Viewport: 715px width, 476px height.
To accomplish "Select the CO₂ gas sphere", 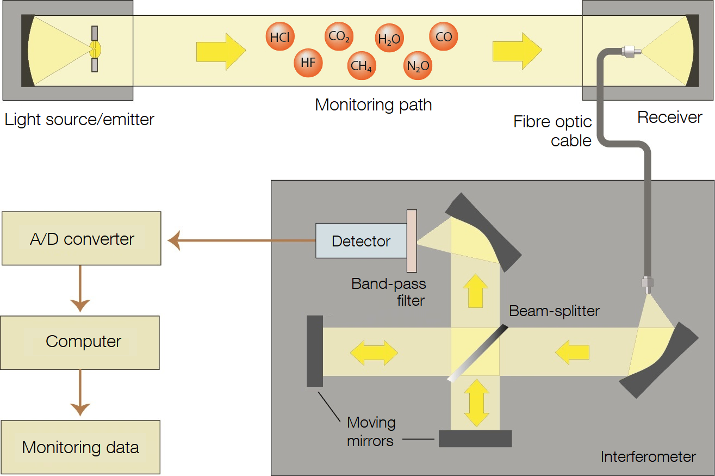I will tap(340, 37).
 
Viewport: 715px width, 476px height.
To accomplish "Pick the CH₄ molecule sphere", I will tap(361, 66).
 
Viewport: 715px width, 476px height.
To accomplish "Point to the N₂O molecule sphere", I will tap(418, 66).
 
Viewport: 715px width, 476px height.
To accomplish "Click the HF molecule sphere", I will tap(308, 63).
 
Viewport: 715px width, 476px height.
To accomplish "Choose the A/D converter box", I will tap(82, 239).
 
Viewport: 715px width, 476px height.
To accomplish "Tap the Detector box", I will tap(361, 241).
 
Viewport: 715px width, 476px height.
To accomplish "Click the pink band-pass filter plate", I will tap(412, 241).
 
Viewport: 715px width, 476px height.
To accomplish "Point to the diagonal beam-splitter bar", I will tap(477, 353).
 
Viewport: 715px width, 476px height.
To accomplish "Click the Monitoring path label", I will tap(374, 104).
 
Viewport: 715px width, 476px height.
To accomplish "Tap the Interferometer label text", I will tap(648, 457).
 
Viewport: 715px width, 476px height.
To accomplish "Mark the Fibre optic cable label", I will tap(552, 131).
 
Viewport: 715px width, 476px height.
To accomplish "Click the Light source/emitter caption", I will tap(79, 119).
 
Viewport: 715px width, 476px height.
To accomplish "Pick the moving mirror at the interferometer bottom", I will tap(475, 438).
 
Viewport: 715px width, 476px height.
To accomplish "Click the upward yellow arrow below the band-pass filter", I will tap(475, 292).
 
